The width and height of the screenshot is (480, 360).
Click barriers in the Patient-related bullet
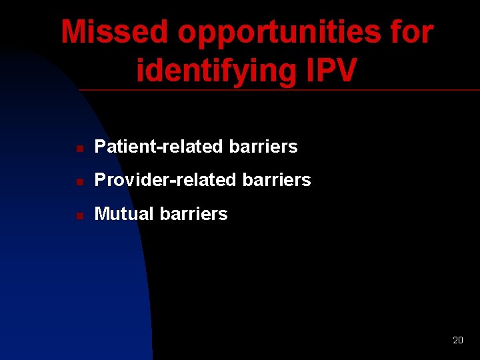coord(263,147)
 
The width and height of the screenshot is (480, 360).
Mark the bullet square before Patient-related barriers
coord(79,148)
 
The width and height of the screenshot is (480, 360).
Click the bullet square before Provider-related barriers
coord(79,181)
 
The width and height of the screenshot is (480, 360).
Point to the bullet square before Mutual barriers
coord(79,215)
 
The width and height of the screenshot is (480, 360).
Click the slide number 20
coord(457,340)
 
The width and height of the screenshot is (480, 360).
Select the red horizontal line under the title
coord(280,89)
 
